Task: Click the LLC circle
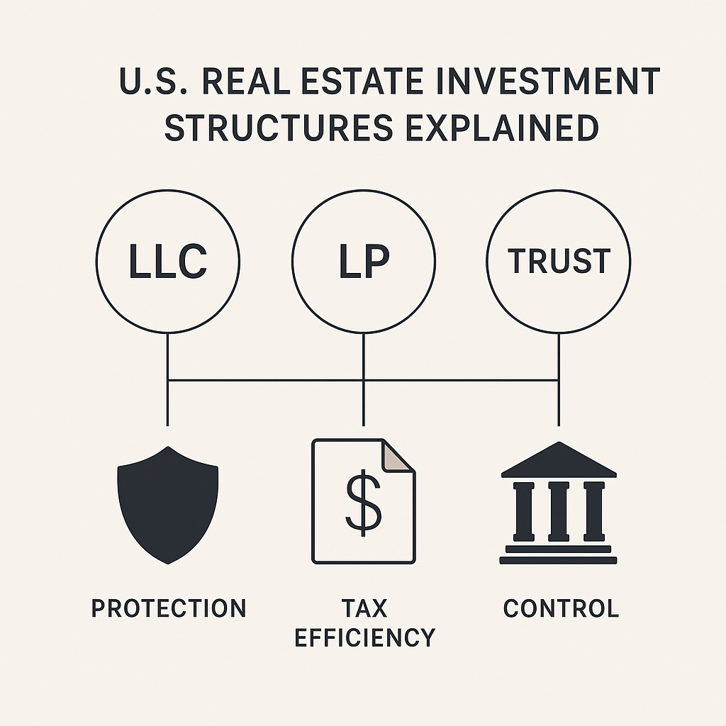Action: click(x=168, y=262)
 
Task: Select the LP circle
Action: click(x=363, y=262)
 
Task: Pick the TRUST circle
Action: click(x=559, y=262)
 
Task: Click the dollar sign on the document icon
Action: click(x=362, y=504)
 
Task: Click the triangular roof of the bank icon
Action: click(x=559, y=461)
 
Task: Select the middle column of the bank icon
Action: click(x=559, y=510)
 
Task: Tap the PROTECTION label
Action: click(x=169, y=608)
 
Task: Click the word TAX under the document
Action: click(x=364, y=608)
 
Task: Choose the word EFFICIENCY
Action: click(x=364, y=637)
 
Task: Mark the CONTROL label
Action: click(x=561, y=608)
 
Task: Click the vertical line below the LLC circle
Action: click(x=168, y=379)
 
